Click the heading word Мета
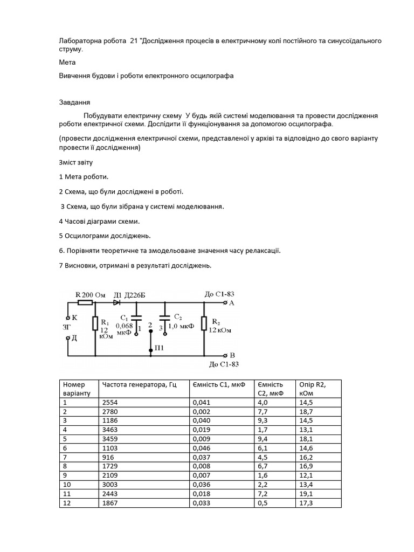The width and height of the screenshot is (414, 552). pyautogui.click(x=67, y=62)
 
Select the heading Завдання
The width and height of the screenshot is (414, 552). pyautogui.click(x=74, y=102)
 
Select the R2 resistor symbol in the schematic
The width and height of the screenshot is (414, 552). pyautogui.click(x=204, y=323)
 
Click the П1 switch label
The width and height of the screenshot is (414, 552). pyautogui.click(x=159, y=348)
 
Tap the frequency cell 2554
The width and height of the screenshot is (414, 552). pyautogui.click(x=109, y=402)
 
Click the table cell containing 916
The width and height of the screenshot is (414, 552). pyautogui.click(x=107, y=457)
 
